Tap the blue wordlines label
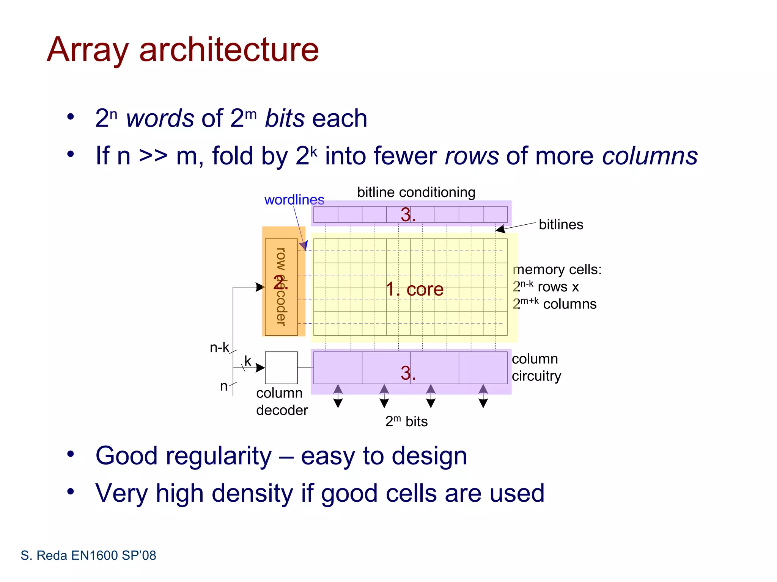pyautogui.click(x=294, y=200)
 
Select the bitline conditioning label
pyautogui.click(x=416, y=192)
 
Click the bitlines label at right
pyautogui.click(x=561, y=224)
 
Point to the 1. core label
pyautogui.click(x=414, y=289)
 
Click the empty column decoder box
pyautogui.click(x=281, y=368)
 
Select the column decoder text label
pyautogui.click(x=282, y=402)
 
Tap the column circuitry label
pyautogui.click(x=536, y=367)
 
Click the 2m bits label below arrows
pyautogui.click(x=406, y=421)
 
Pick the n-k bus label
pyautogui.click(x=219, y=347)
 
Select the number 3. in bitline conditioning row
pyautogui.click(x=408, y=215)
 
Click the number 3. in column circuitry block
pyautogui.click(x=408, y=373)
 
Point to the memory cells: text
pyautogui.click(x=557, y=269)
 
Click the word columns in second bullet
pyautogui.click(x=650, y=156)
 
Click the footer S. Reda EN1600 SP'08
pyautogui.click(x=88, y=555)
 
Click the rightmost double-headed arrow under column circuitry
pyautogui.click(x=483, y=396)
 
